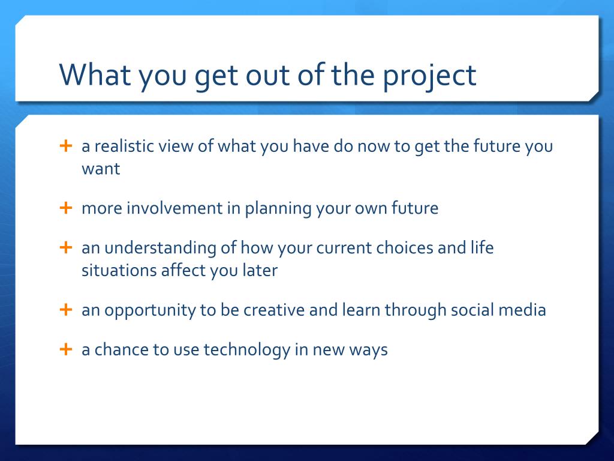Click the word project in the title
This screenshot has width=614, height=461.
[x=429, y=76]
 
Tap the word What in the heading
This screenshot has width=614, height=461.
[x=95, y=74]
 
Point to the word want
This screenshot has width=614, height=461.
[x=101, y=169]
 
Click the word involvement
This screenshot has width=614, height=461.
[x=174, y=208]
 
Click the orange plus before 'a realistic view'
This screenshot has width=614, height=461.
[x=66, y=145]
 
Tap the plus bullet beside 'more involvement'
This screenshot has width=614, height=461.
[x=66, y=207]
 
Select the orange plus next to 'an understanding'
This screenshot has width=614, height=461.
[x=66, y=247]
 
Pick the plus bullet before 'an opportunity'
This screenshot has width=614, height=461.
[x=66, y=309]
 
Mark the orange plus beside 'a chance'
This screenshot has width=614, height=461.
[x=66, y=349]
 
